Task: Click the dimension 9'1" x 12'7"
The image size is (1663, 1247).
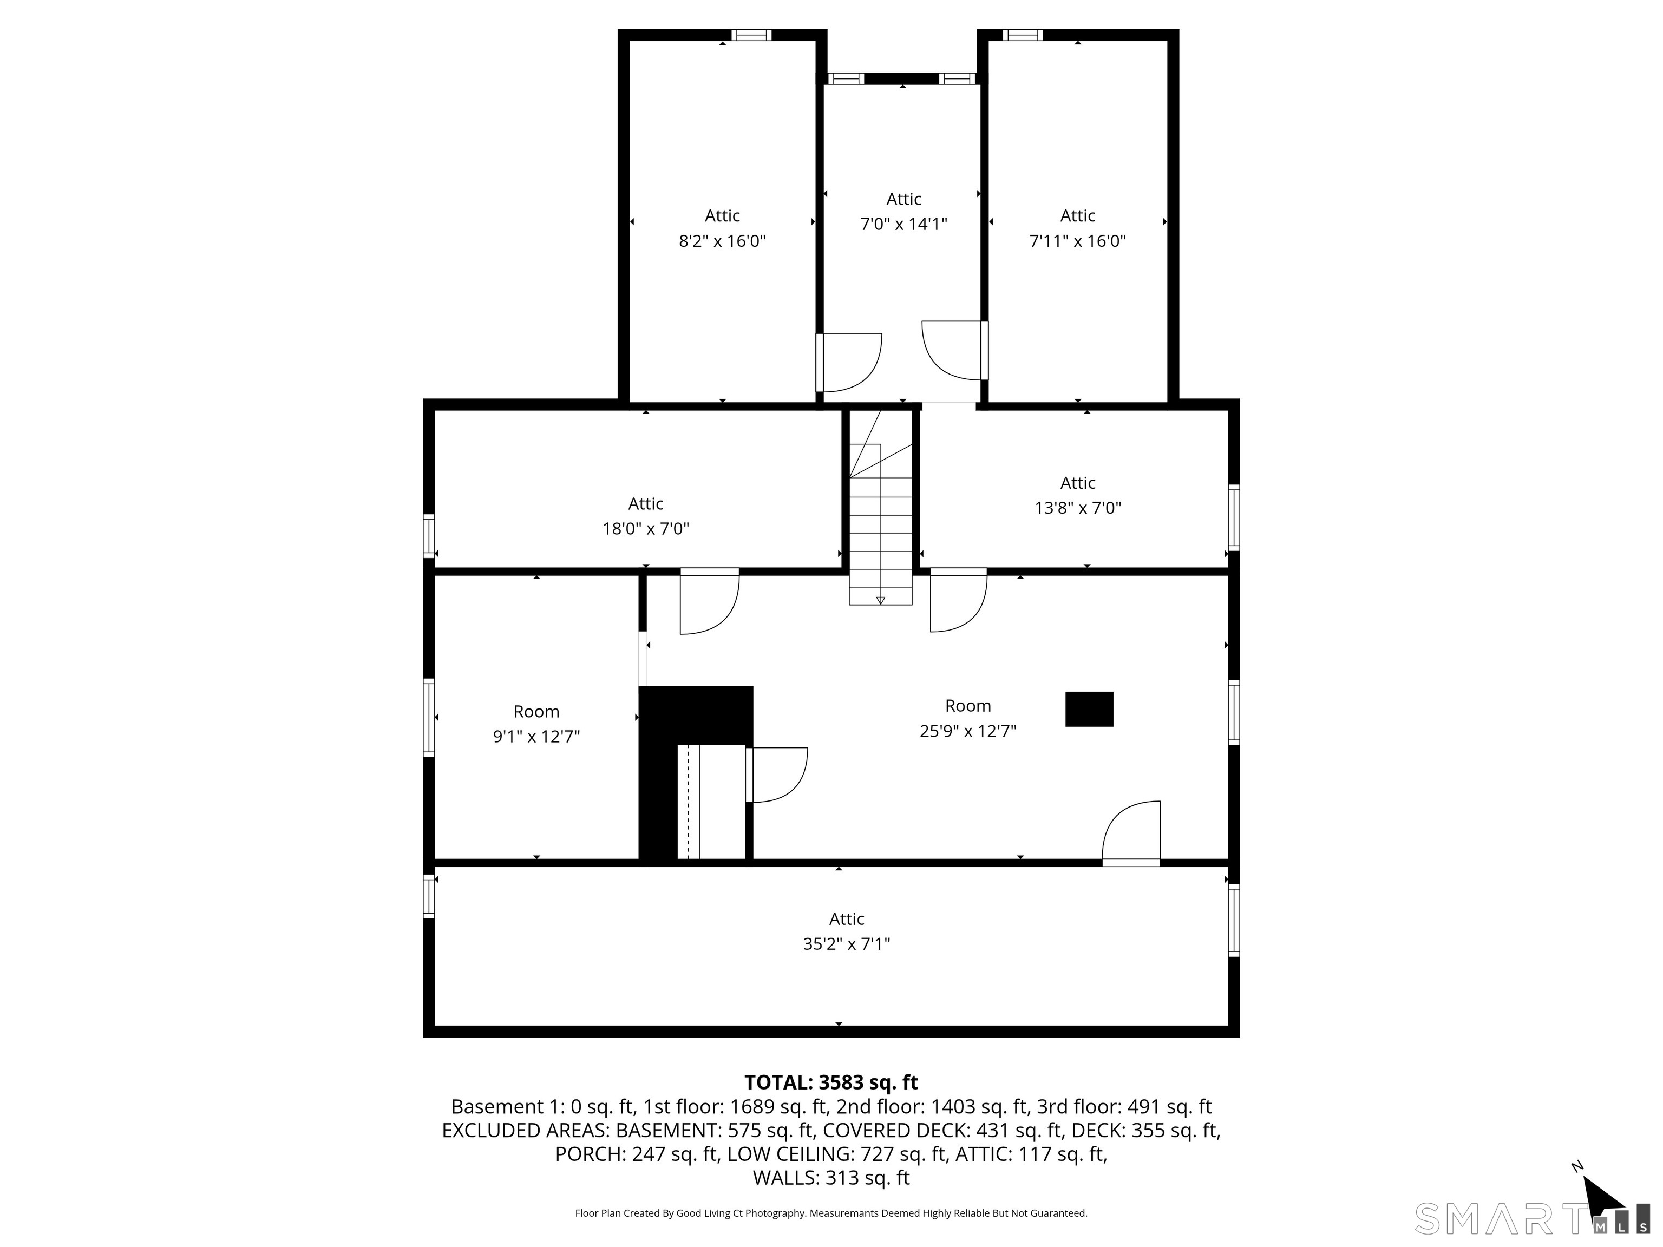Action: point(536,737)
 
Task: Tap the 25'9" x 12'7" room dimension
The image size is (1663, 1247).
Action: point(967,731)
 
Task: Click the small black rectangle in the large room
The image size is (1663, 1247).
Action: point(1089,709)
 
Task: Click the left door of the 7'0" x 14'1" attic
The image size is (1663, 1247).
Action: point(849,362)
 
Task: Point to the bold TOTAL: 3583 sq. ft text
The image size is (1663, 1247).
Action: point(831,1082)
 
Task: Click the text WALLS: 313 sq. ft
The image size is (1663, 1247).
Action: point(831,1178)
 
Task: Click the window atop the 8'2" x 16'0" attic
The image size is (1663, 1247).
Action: point(751,35)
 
